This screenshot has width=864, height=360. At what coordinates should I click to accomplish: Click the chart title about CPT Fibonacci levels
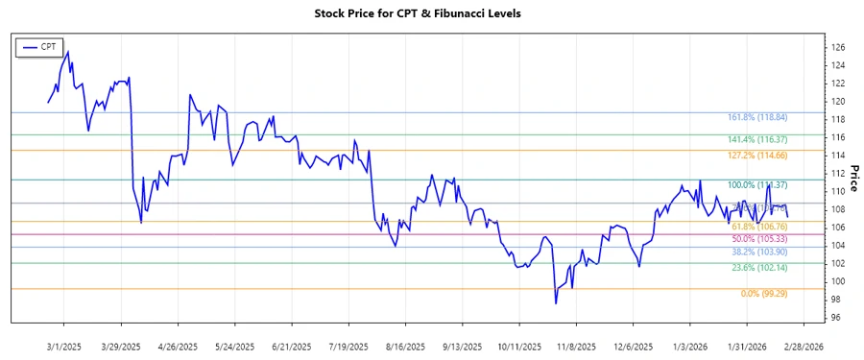[431, 14]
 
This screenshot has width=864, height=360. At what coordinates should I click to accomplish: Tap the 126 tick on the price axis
[837, 47]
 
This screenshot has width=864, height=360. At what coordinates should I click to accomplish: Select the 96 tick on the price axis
[837, 318]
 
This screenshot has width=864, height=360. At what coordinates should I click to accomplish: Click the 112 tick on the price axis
[837, 174]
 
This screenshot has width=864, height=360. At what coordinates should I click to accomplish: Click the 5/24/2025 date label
[234, 346]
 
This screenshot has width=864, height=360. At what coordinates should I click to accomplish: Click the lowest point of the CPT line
[555, 303]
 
